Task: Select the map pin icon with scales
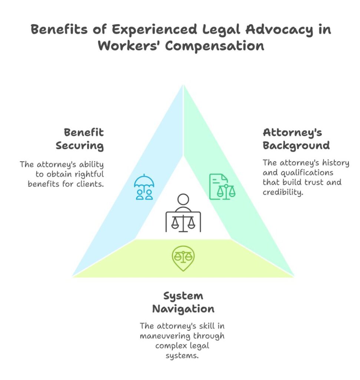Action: pyautogui.click(x=183, y=257)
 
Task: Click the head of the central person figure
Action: pyautogui.click(x=183, y=200)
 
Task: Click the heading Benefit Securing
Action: pyautogui.click(x=80, y=139)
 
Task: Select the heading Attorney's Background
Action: pyautogui.click(x=296, y=139)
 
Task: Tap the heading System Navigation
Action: pyautogui.click(x=183, y=302)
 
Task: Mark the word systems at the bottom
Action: pyautogui.click(x=183, y=356)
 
